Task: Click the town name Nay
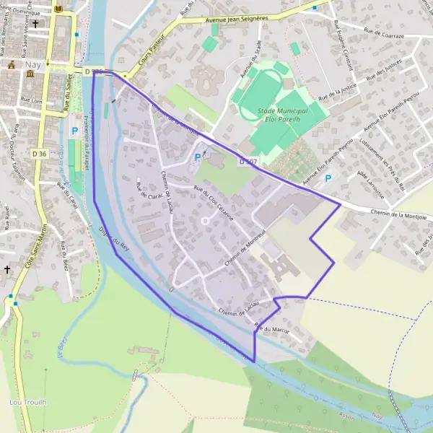click(x=30, y=64)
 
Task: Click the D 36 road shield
click(x=40, y=153)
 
